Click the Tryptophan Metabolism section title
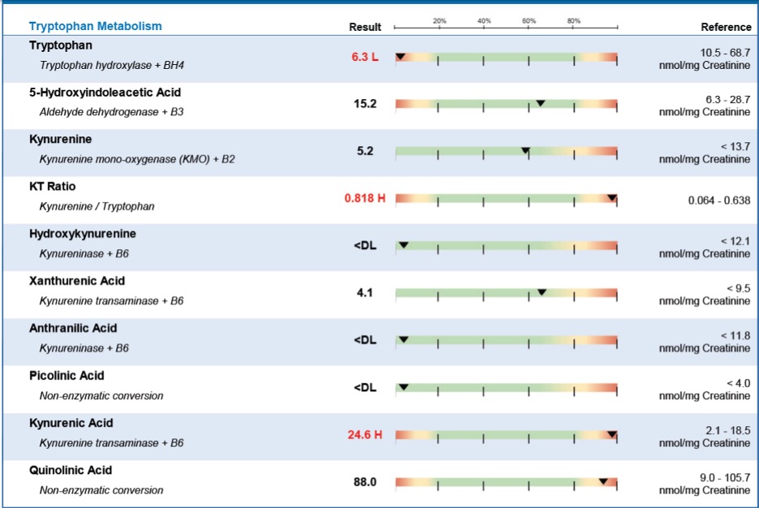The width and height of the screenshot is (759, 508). click(96, 26)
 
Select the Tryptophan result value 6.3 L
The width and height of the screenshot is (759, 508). click(365, 57)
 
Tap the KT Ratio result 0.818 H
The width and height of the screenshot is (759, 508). click(365, 198)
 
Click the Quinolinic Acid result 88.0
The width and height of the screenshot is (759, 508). click(365, 482)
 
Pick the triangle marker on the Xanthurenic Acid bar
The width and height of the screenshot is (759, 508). click(542, 292)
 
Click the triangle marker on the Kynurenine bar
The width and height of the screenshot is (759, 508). click(525, 151)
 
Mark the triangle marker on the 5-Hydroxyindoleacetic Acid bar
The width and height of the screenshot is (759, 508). click(540, 103)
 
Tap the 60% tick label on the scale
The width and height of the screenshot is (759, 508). click(529, 20)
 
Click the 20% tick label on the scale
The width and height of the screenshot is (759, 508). click(440, 20)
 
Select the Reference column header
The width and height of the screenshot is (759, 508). click(726, 27)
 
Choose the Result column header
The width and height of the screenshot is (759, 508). click(365, 27)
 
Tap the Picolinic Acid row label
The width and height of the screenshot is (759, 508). click(66, 376)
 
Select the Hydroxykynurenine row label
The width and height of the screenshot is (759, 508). click(83, 234)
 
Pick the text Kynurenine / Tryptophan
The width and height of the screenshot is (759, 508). click(96, 206)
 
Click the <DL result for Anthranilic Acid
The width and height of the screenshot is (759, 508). click(365, 340)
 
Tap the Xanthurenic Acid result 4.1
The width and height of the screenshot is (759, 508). click(365, 293)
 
